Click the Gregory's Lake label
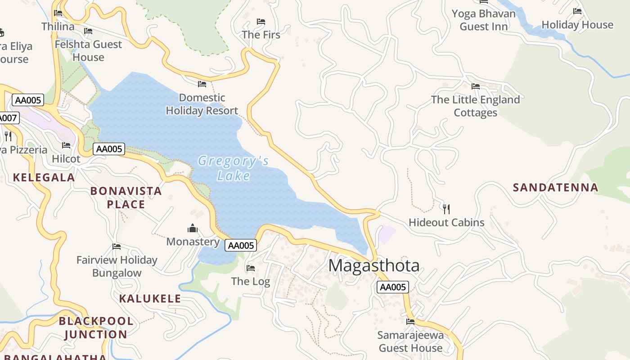(x=233, y=168)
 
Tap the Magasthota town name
(x=373, y=265)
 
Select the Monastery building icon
(x=193, y=229)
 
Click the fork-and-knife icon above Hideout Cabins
(x=446, y=209)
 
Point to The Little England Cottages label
(x=475, y=106)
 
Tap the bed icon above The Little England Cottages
(x=475, y=86)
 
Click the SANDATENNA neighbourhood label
(x=556, y=188)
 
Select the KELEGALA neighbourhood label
(x=44, y=178)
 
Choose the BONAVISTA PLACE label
(x=126, y=198)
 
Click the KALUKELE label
(x=150, y=299)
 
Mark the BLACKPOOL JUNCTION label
(x=96, y=328)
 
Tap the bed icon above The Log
(x=251, y=268)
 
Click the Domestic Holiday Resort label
(x=202, y=104)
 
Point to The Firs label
(x=261, y=35)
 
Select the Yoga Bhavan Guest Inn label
(x=483, y=20)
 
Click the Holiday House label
(x=577, y=25)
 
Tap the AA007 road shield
(x=8, y=118)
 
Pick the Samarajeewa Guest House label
(x=410, y=342)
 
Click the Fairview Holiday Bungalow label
(x=117, y=266)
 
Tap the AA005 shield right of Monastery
(x=241, y=245)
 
